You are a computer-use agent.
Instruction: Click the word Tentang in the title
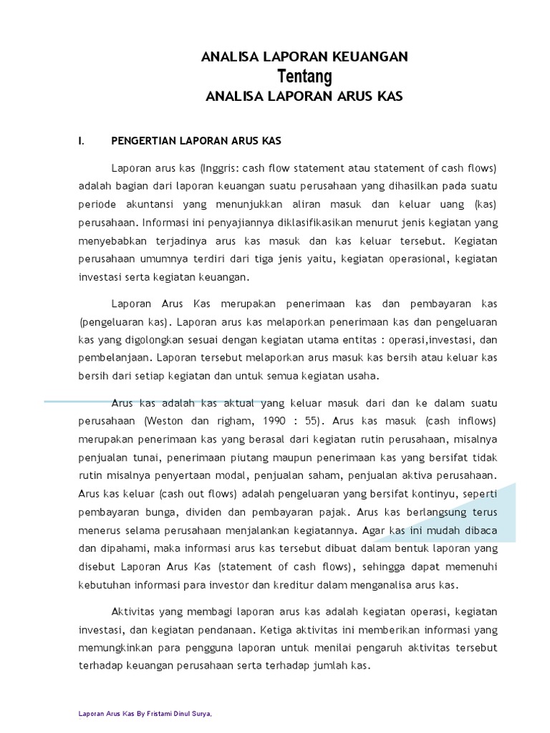pos(304,77)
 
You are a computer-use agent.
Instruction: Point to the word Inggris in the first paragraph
pos(219,168)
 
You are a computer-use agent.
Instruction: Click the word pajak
pos(331,512)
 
